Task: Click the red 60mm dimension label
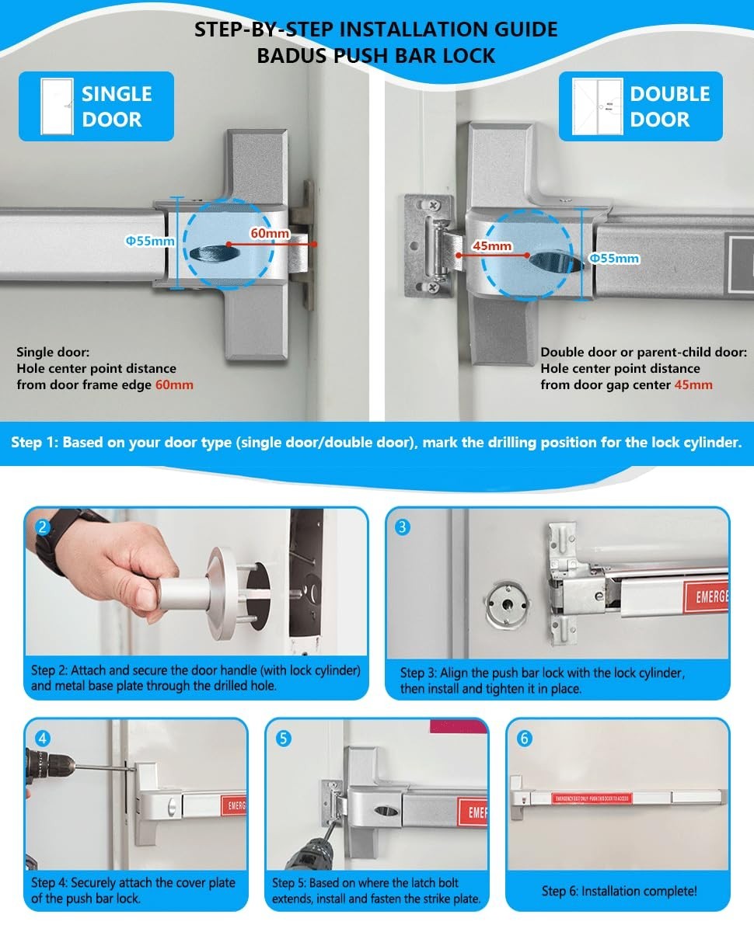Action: pos(270,233)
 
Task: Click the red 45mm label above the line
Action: pos(493,246)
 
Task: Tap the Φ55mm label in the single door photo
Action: pos(149,241)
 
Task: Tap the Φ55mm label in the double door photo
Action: pos(614,258)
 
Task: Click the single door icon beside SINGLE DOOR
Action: pos(58,106)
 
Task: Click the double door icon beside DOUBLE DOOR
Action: pos(596,106)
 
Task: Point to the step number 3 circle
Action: pos(403,527)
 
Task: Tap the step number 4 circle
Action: pos(43,738)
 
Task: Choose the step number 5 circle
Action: pos(284,738)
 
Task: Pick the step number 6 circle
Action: pos(525,738)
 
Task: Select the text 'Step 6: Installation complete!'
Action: pos(619,891)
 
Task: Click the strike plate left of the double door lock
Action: pos(428,245)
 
